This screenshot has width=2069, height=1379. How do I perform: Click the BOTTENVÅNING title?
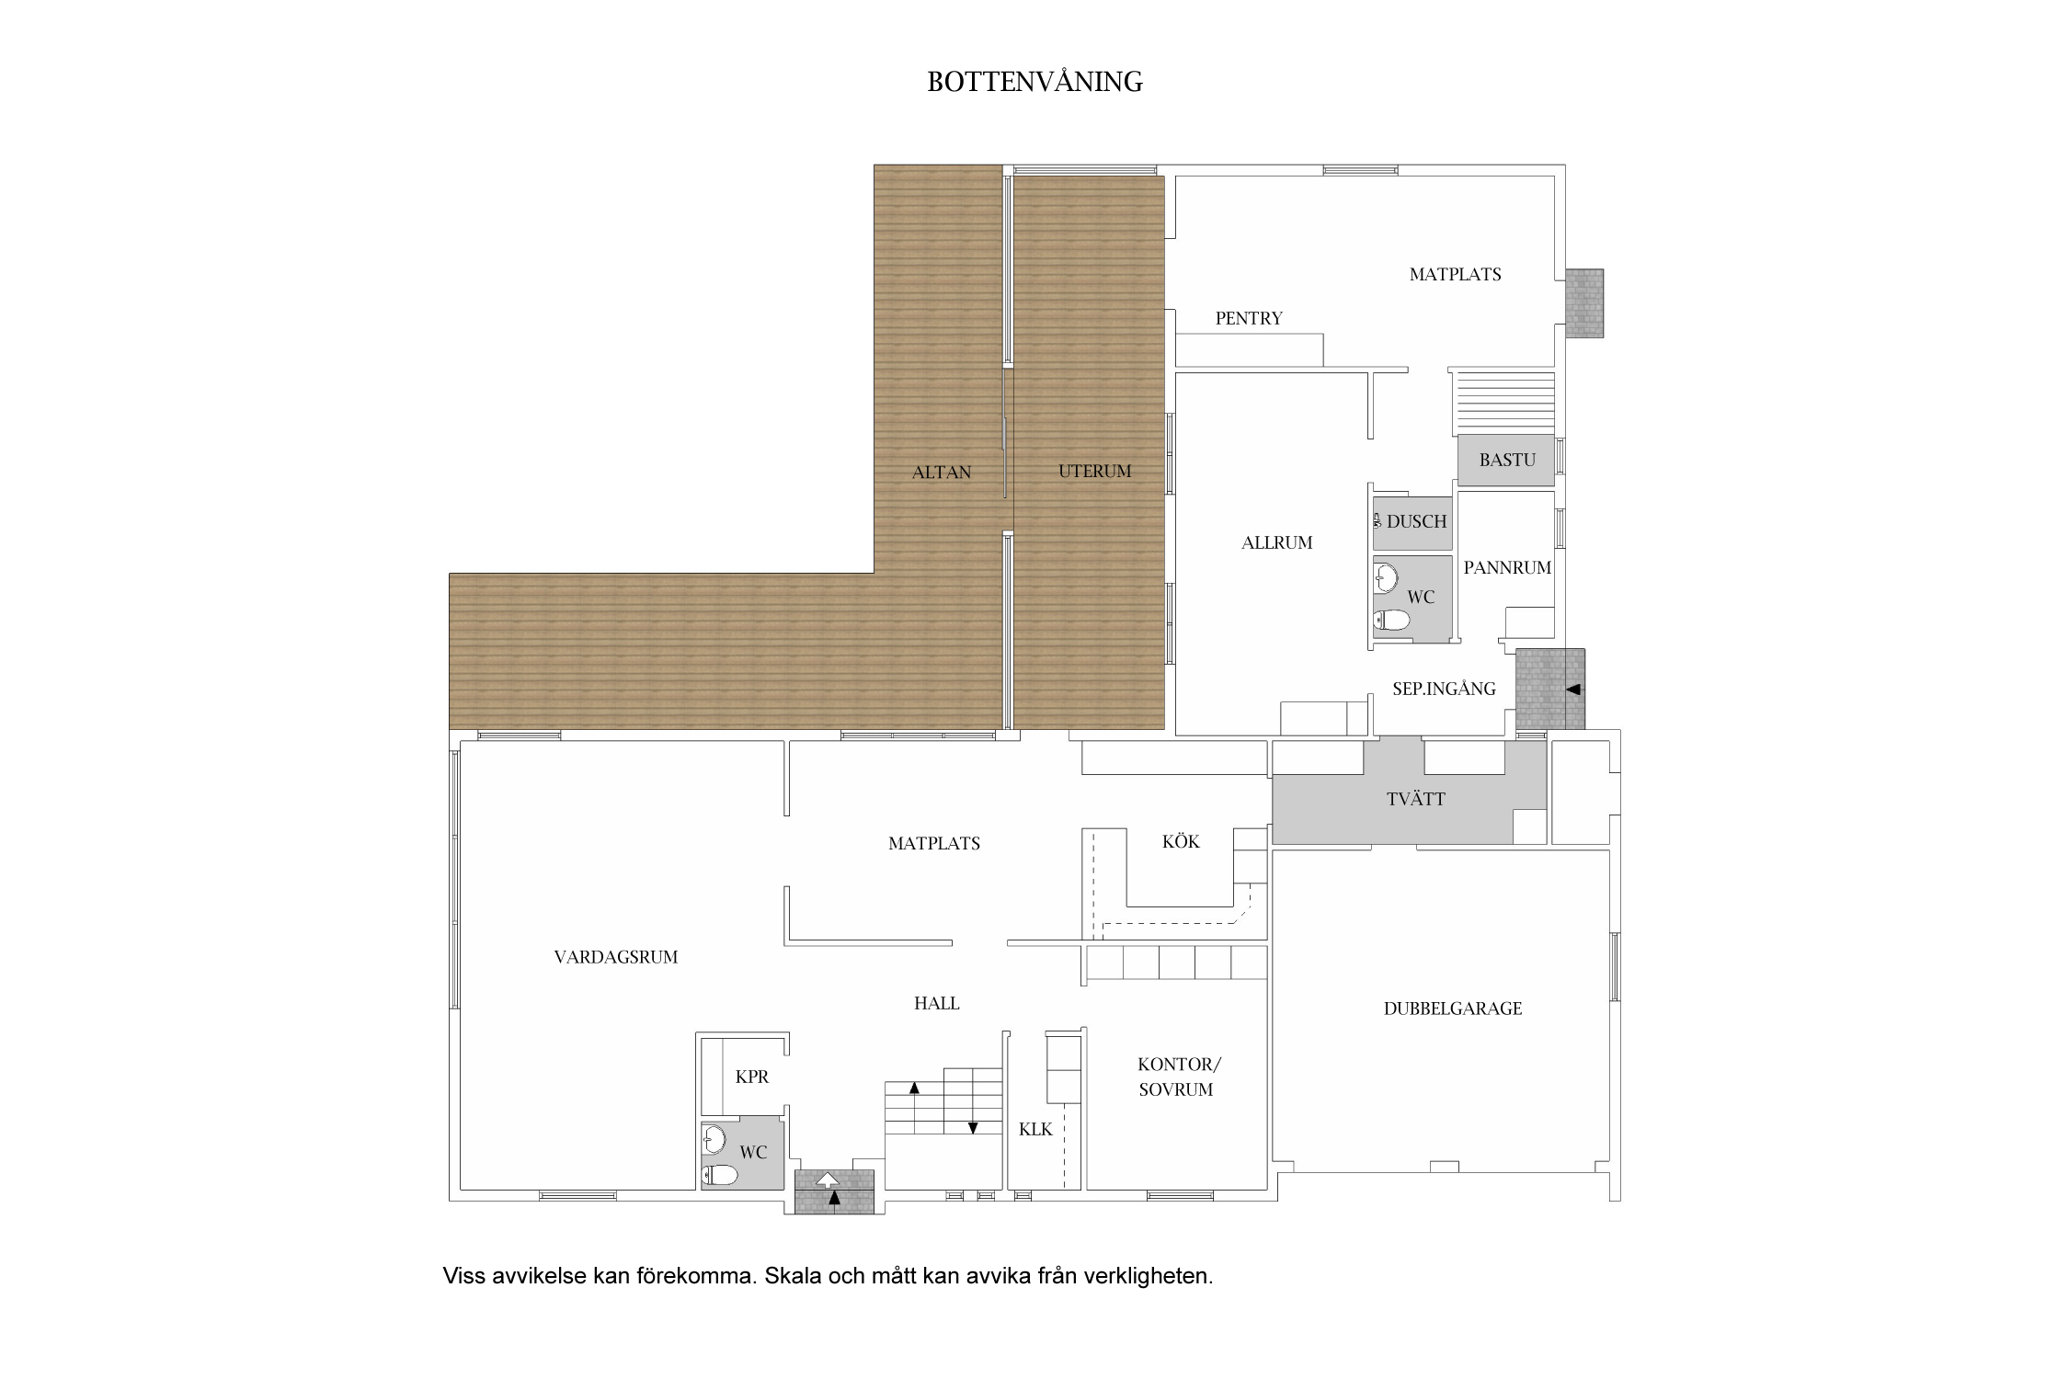pos(1034,82)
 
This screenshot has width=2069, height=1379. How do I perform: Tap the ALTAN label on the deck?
pos(941,473)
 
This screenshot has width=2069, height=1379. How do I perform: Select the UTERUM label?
pos(1094,472)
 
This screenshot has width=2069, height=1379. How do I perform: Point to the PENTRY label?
pos(1249,319)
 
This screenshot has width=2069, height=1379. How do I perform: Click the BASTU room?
pos(1506,460)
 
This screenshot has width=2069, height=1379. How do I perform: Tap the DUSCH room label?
pos(1416,522)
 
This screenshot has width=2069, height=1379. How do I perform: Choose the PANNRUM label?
pos(1507,568)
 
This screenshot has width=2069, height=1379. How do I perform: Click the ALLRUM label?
pos(1276,543)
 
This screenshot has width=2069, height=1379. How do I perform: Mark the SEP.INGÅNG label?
pos(1444,689)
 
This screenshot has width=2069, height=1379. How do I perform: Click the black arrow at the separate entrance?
pos(1572,689)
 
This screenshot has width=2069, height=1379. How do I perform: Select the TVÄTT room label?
pos(1415,799)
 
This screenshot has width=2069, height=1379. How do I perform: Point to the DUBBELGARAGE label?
pos(1453,1009)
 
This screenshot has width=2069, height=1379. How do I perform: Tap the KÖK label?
pos(1181,841)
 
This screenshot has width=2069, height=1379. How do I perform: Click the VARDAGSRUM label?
pos(616,958)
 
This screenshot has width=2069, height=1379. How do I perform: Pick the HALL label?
pos(937,1004)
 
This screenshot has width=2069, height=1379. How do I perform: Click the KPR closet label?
pos(751,1077)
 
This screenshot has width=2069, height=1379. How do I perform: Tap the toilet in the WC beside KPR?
pos(720,1176)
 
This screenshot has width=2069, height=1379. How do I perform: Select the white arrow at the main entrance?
pos(828,1180)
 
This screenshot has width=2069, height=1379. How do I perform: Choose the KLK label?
pos(1035,1130)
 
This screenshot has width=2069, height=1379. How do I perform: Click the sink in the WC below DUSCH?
pos(1386,578)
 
